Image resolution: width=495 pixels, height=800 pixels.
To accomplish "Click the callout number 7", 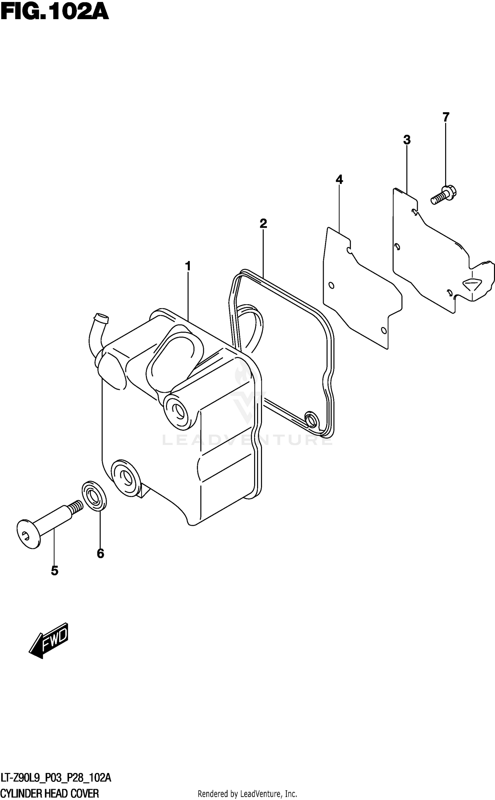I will [x=445, y=117].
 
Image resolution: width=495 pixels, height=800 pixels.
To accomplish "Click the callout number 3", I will [x=407, y=140].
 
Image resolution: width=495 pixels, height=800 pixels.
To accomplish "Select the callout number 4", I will [x=339, y=180].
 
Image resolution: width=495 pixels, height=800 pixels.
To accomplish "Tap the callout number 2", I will [x=263, y=224].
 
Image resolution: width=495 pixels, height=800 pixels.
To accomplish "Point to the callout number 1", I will [x=188, y=266].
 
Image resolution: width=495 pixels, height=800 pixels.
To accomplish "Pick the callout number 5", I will [x=55, y=570].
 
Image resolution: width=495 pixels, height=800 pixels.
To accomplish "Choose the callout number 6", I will [x=100, y=553].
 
